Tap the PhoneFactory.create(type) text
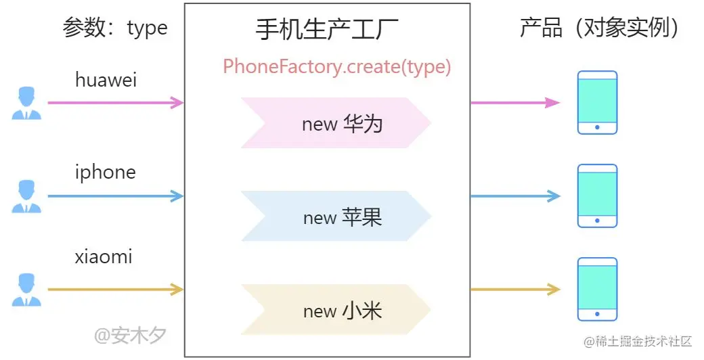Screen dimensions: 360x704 (x=336, y=66)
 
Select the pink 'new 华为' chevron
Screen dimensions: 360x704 (x=336, y=123)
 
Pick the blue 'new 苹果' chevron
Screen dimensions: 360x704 (x=336, y=217)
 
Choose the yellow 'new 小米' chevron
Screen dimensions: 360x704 (x=336, y=310)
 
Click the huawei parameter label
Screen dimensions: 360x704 (x=106, y=81)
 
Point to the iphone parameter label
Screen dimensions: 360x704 (x=105, y=173)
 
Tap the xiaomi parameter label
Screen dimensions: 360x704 (x=104, y=257)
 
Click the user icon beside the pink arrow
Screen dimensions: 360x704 (x=26, y=104)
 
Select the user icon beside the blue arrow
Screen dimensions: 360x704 (x=26, y=197)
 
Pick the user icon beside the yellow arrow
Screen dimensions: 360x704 (x=26, y=290)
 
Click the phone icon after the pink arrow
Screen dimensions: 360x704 (x=597, y=103)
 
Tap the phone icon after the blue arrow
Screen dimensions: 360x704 (x=597, y=196)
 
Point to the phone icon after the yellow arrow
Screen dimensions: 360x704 (x=597, y=290)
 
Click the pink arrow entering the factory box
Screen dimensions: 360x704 (x=115, y=103)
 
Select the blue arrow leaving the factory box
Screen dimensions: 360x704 (x=515, y=196)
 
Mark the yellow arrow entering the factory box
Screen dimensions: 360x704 (x=115, y=290)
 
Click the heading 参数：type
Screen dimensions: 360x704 (x=114, y=28)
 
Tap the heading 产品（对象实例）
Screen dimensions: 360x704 (x=600, y=28)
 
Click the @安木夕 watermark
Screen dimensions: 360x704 (x=130, y=334)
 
